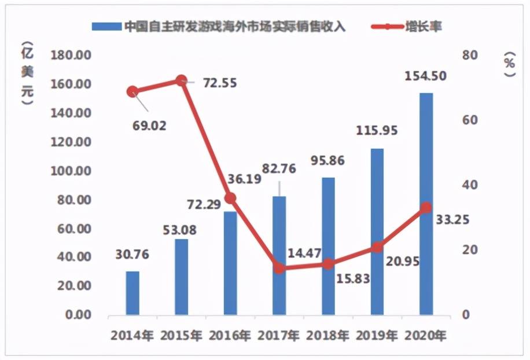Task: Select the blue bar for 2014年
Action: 132,293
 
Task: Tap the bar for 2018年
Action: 328,246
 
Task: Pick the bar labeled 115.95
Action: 377,232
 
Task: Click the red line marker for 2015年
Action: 181,80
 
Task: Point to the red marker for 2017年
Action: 279,268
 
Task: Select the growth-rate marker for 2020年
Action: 426,208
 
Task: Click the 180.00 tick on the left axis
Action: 71,56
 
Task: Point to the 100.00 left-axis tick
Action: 71,171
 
